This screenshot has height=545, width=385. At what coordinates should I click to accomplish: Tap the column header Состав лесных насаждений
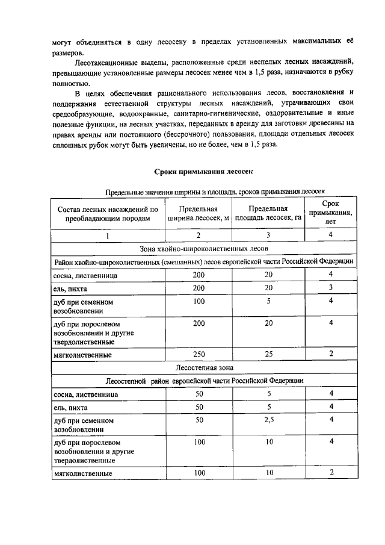[108, 214]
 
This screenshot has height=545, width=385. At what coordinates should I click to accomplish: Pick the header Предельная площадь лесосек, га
[266, 214]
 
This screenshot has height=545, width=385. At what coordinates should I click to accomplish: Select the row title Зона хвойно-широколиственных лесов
[203, 248]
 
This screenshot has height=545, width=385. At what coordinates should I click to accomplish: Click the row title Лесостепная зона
[203, 366]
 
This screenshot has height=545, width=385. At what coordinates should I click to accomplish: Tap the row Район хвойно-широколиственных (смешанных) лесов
[203, 262]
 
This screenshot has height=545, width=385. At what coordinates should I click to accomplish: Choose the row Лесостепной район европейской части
[203, 381]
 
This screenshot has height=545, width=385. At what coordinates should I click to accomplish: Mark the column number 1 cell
[108, 235]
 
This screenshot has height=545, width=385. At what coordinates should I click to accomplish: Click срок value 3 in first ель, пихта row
[330, 288]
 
